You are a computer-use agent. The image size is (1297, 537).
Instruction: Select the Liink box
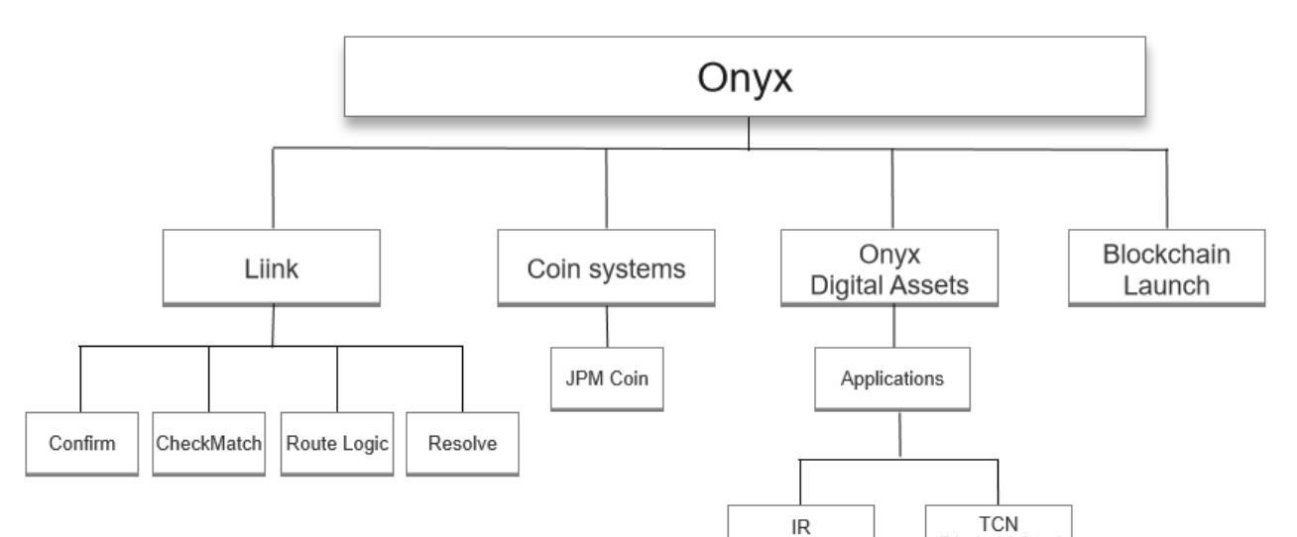coord(272,268)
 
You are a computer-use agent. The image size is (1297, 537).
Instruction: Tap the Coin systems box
coord(606,268)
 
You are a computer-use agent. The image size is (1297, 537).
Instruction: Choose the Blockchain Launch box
coord(1166,268)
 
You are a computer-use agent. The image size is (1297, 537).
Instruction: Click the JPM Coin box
coord(607,376)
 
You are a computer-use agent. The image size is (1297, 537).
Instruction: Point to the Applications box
coord(892,377)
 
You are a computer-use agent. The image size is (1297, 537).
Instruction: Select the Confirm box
coord(81,443)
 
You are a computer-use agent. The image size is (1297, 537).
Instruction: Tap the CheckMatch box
coord(209,443)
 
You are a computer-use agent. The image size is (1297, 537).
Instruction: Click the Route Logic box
coord(337,443)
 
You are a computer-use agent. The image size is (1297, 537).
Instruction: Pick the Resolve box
coord(462,443)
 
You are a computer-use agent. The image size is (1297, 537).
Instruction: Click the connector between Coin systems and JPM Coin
coord(607,325)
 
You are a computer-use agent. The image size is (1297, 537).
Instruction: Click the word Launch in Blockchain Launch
coord(1166,284)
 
